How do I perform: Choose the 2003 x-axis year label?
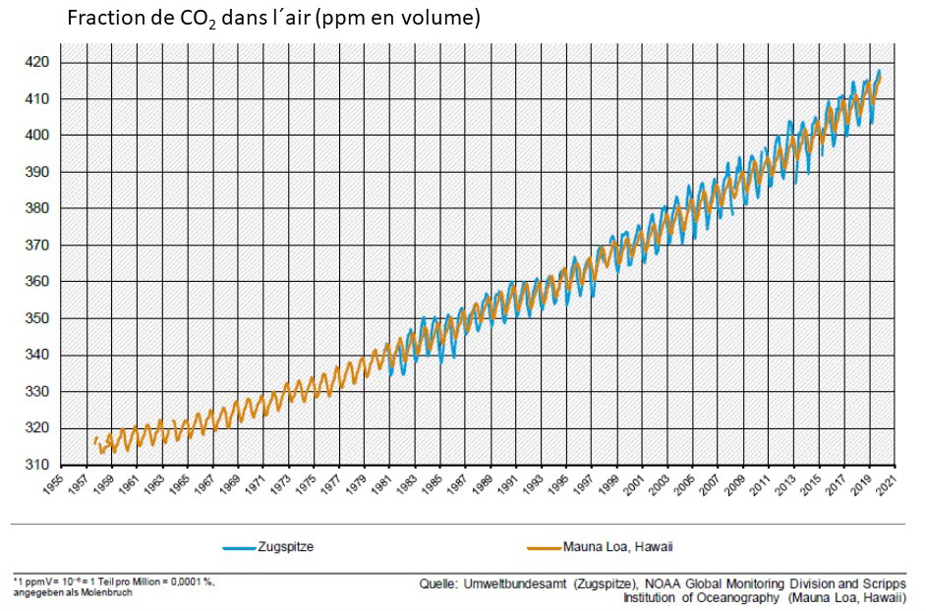click(658, 486)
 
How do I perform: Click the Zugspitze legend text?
click(286, 547)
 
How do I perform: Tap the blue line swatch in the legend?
click(238, 547)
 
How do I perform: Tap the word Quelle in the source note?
click(438, 583)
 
